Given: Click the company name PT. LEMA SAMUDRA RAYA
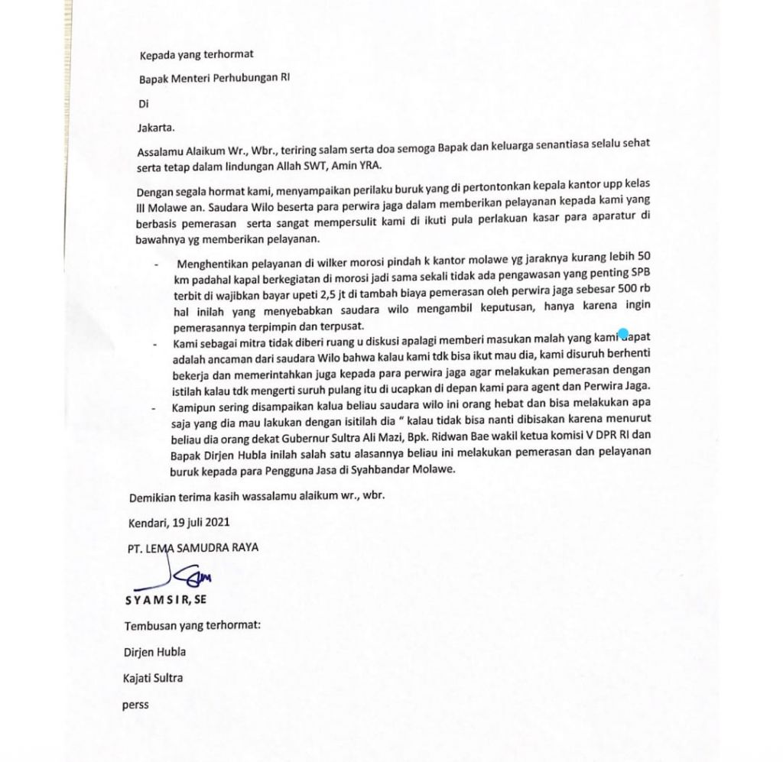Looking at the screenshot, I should (x=193, y=547).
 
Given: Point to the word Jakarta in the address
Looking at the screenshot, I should (x=154, y=128).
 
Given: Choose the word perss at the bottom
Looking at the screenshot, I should (x=135, y=705).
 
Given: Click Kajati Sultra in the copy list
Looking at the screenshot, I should (x=153, y=678).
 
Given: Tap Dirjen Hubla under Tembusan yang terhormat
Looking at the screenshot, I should (x=154, y=652).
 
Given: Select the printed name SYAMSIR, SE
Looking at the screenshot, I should (x=166, y=599).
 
